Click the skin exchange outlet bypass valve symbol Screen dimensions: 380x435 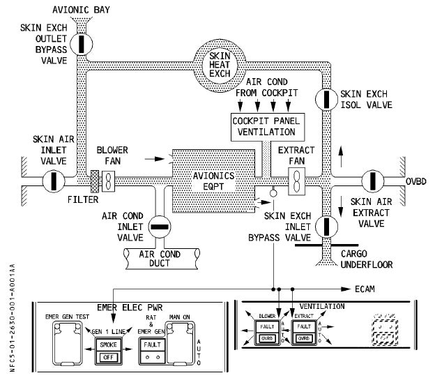click(x=82, y=43)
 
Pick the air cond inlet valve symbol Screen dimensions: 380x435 click(x=160, y=225)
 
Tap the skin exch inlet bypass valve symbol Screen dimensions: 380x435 click(x=326, y=227)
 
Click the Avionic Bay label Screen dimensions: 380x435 click(x=82, y=9)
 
